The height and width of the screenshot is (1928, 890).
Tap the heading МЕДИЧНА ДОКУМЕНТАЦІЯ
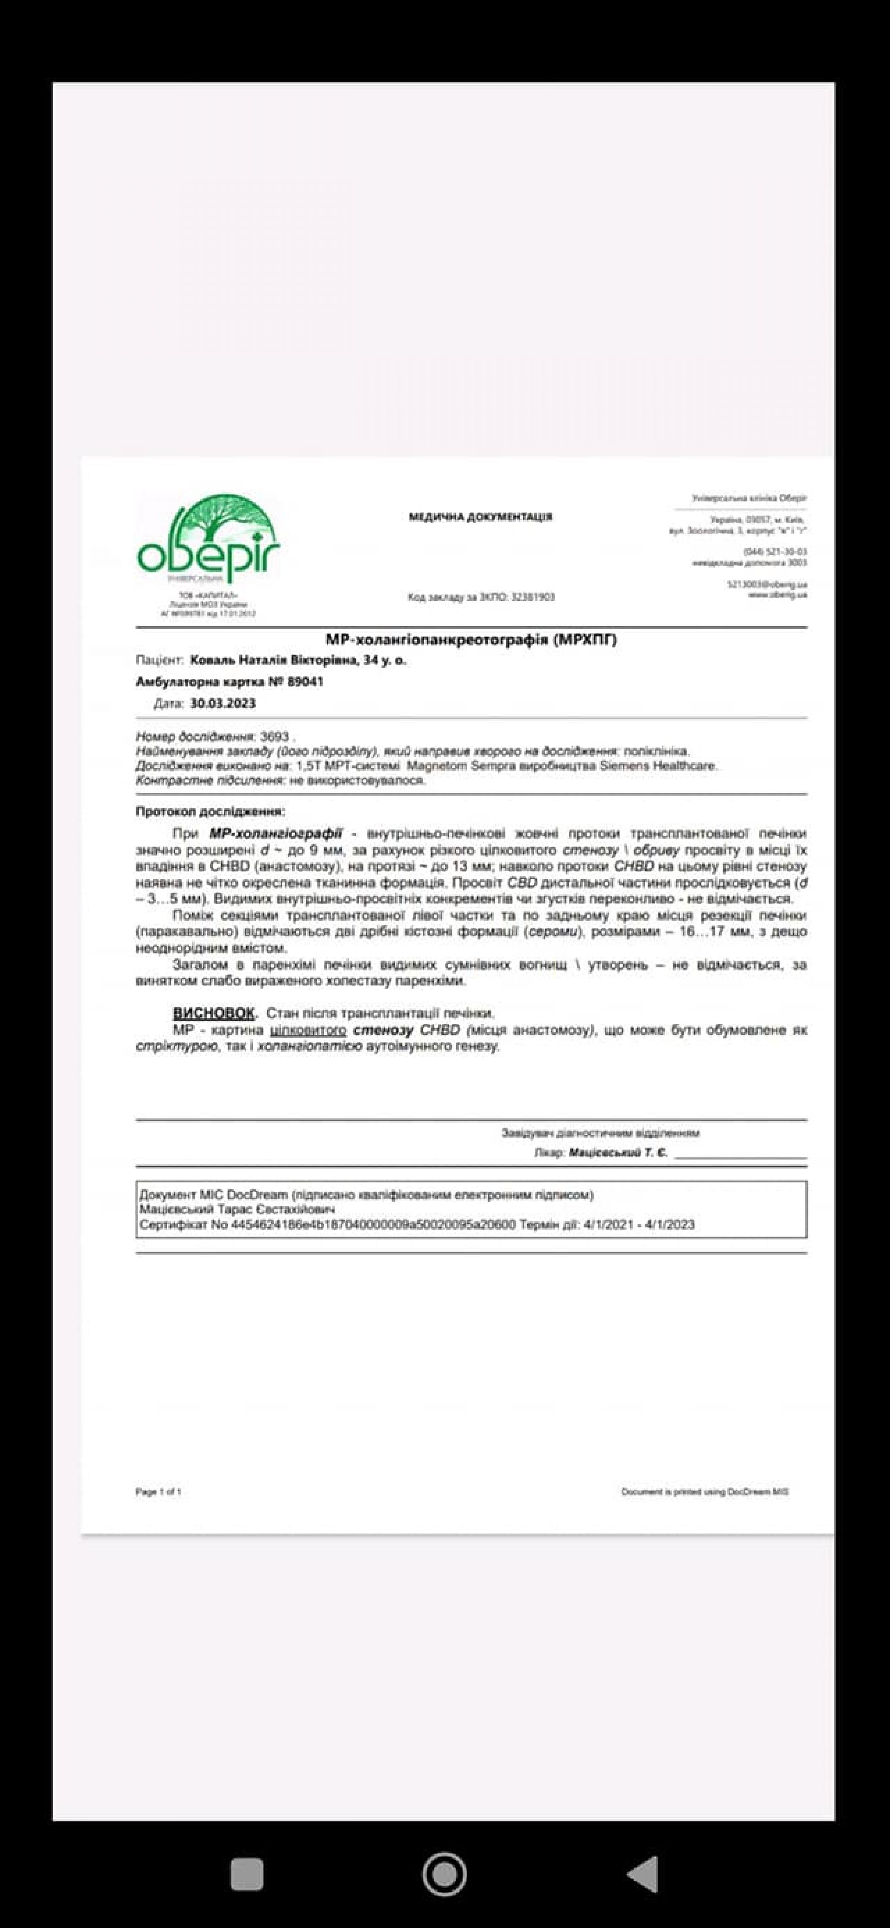click(x=481, y=517)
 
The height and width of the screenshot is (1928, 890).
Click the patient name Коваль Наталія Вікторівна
click(x=274, y=661)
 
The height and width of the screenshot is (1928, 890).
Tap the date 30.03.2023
click(x=222, y=703)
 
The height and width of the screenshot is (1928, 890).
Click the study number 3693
click(x=274, y=736)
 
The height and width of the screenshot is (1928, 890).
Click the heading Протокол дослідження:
click(x=210, y=811)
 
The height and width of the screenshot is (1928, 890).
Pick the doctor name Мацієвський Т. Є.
click(x=618, y=1153)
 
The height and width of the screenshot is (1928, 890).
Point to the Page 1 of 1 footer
click(x=158, y=1492)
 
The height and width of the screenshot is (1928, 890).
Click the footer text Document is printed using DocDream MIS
click(x=705, y=1492)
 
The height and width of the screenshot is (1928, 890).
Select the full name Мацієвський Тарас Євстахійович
click(x=237, y=1209)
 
